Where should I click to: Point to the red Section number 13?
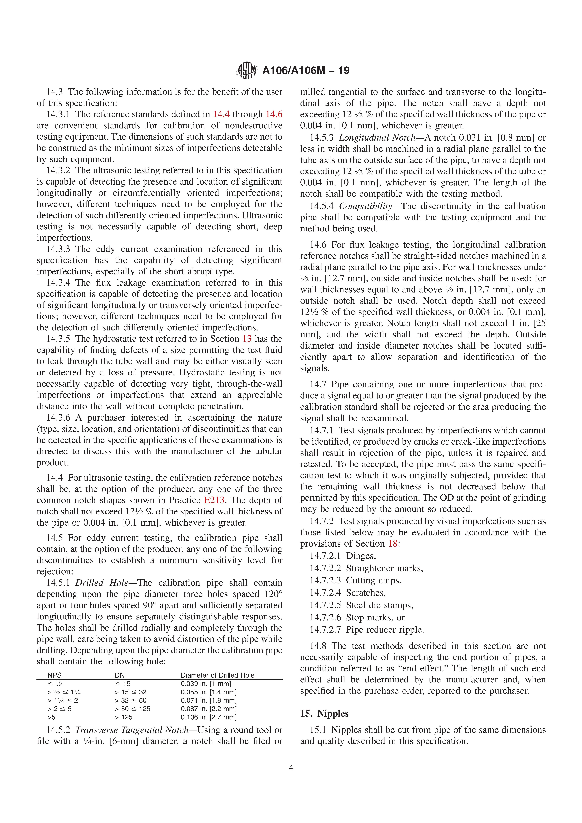[x=247, y=339]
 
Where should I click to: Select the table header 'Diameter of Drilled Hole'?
[x=217, y=675]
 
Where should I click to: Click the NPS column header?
[x=55, y=675]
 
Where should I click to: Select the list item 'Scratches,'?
[x=365, y=593]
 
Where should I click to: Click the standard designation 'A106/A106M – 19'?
[x=306, y=70]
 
